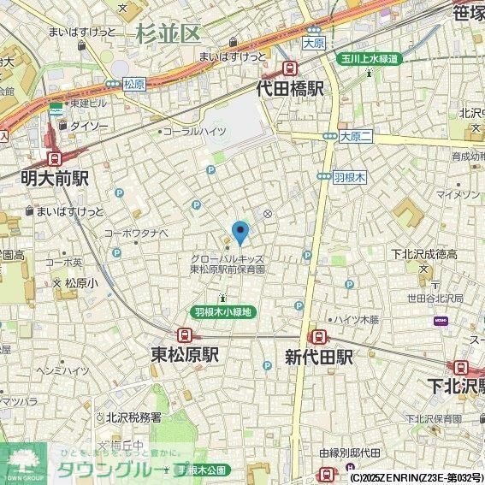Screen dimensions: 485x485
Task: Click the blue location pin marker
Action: point(241,232)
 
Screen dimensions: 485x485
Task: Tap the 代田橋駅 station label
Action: point(291,88)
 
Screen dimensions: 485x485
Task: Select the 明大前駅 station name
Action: point(56,178)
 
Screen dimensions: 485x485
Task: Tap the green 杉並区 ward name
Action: point(167,34)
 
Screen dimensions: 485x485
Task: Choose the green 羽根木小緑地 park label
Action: point(222,312)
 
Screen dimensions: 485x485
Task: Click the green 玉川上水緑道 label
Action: point(366,58)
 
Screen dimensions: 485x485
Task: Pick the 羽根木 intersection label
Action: point(349,176)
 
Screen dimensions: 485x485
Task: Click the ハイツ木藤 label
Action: point(358,319)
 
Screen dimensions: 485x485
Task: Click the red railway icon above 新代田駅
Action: point(316,336)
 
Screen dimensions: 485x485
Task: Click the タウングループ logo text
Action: point(120,470)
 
